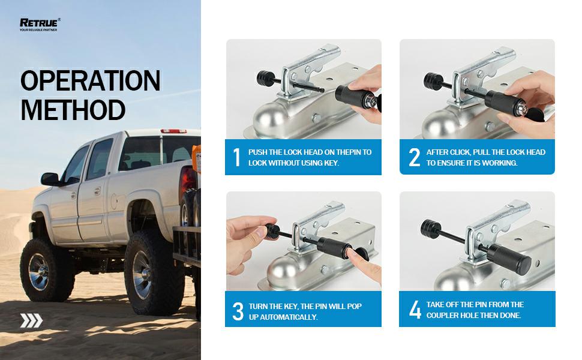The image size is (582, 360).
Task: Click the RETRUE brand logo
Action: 40,25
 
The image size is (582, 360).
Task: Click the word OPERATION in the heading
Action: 90,80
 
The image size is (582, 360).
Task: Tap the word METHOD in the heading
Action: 73,110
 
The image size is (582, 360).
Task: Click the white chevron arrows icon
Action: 31,320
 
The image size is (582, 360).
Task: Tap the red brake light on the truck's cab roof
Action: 173,131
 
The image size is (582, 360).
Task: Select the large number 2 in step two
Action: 414,157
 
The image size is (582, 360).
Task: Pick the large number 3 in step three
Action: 238,311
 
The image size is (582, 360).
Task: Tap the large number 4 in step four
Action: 415,310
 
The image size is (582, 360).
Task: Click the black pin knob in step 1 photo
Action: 265,79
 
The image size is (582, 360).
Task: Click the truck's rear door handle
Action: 97,191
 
